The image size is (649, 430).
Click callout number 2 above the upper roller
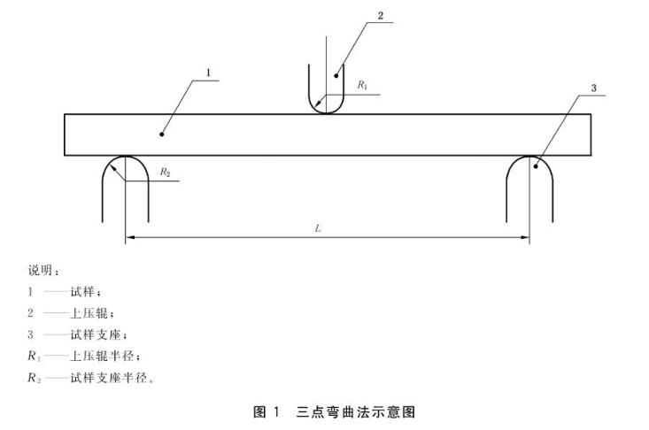(380, 15)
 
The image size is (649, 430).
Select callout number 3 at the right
(594, 88)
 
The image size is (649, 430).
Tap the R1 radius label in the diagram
(363, 85)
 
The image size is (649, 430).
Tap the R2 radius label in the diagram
(166, 173)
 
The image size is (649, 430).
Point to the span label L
(318, 228)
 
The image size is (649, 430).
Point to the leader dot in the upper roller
(336, 75)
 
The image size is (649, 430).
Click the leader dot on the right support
(535, 165)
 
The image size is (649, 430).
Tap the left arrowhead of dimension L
(129, 237)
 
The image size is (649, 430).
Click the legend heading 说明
(43, 270)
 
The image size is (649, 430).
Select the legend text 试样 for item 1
(84, 291)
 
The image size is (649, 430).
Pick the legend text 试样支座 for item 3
(96, 334)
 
